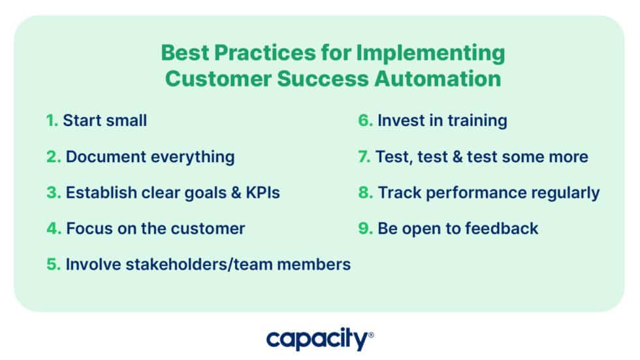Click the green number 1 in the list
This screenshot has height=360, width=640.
[51, 121]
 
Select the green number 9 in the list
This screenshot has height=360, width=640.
[364, 229]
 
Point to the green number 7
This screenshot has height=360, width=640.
[362, 157]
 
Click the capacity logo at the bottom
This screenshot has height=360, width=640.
[318, 340]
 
